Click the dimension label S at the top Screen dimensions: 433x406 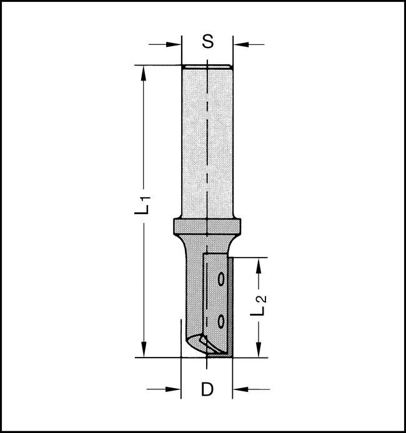208,43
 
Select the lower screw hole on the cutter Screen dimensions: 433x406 221,321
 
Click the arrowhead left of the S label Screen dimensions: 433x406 176,44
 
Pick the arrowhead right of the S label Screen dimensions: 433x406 240,44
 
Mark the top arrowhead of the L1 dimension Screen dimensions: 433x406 145,71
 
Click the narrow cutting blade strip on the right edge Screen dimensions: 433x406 230,306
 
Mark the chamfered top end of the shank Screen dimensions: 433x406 207,67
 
